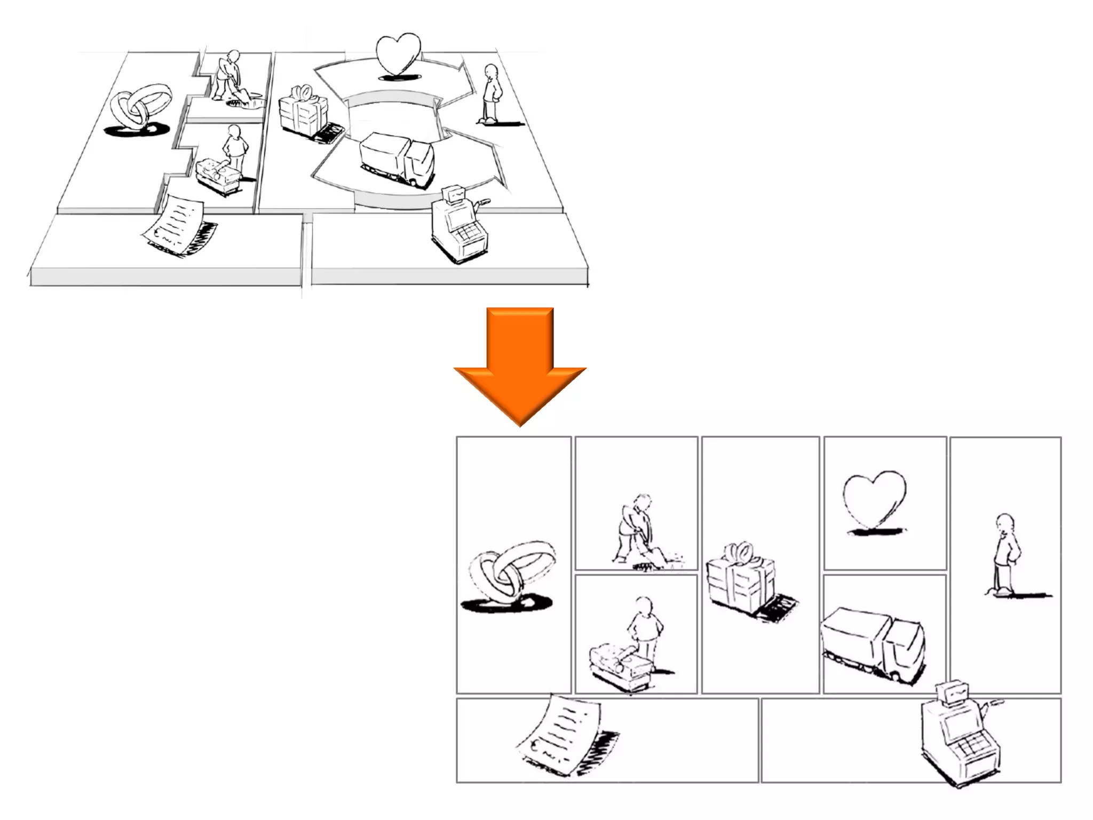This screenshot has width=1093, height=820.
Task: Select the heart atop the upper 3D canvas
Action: (x=398, y=54)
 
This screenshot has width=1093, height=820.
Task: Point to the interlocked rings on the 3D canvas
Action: (x=140, y=107)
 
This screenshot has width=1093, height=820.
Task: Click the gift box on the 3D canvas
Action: (x=303, y=112)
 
